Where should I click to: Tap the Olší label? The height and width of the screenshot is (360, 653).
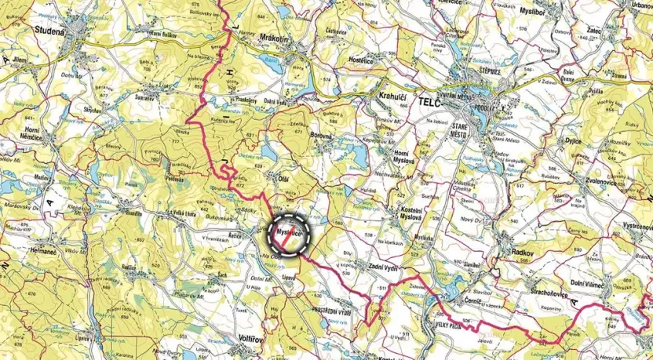274,179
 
